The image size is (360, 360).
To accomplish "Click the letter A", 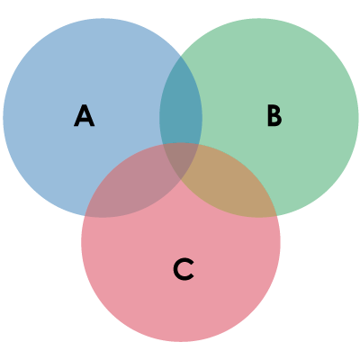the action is tap(85, 115).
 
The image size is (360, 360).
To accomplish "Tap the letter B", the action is tap(274, 116).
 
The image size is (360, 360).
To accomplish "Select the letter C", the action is tap(184, 269).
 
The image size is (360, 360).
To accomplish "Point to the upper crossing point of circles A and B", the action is tap(181, 56).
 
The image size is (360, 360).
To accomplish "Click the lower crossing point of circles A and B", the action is tap(181, 180).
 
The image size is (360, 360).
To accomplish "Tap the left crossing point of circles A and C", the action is tap(85, 216).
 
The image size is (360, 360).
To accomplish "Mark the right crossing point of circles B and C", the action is tap(276, 216).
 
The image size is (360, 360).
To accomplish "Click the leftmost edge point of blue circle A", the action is tap(3, 118).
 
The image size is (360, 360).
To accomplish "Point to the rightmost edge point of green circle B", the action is tap(358, 118).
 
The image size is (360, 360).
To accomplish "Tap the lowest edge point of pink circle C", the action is tap(181, 342).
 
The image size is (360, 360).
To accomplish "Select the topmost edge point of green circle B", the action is tap(259, 18).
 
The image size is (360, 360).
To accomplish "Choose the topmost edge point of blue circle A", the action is tap(103, 18).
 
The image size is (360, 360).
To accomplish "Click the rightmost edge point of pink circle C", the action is tap(281, 242).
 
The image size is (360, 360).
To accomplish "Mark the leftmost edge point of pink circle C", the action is tap(81, 242).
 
